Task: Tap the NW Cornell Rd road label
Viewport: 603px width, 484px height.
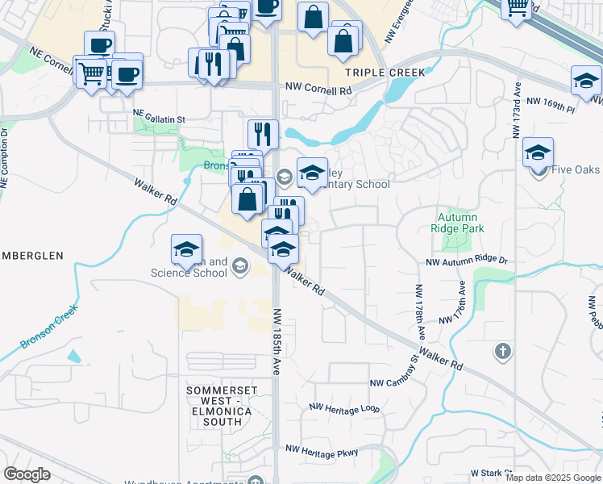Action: point(319,90)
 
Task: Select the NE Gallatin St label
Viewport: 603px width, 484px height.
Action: point(159,119)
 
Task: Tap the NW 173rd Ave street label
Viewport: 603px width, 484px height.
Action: point(516,113)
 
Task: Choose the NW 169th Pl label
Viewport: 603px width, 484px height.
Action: point(551,102)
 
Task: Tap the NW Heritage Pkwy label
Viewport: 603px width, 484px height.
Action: point(322,454)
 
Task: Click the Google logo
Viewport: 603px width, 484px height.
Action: point(27,474)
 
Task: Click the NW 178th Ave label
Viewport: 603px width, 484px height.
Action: point(420,310)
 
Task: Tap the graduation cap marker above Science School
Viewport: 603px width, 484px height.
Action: point(185,249)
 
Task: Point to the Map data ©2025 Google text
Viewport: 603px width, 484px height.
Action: point(553,478)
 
